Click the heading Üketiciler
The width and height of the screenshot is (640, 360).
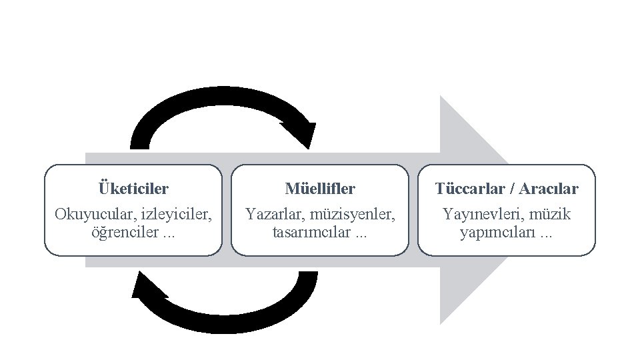tap(133, 189)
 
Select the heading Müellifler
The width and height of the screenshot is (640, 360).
tap(320, 189)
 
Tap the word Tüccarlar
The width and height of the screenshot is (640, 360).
tap(471, 189)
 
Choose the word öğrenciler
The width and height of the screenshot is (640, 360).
tap(123, 233)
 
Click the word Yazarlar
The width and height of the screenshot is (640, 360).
tap(274, 215)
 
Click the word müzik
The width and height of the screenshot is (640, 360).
tap(550, 215)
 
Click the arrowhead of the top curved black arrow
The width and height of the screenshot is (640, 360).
tap(300, 134)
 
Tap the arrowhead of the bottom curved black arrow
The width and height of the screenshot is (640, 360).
tap(148, 287)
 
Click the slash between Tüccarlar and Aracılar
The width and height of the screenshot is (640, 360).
tap(511, 189)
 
